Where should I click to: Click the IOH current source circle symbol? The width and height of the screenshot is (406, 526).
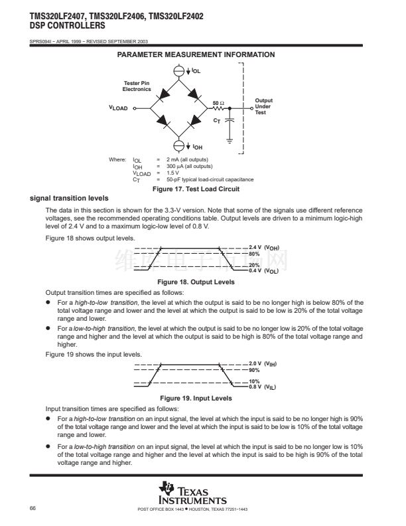click(x=178, y=146)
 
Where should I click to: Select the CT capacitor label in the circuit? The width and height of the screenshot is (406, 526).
click(x=217, y=120)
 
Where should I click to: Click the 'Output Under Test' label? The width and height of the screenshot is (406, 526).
click(x=263, y=106)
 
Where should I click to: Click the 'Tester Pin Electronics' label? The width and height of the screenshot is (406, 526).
click(x=137, y=86)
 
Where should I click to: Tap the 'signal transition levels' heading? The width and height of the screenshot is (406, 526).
click(x=69, y=199)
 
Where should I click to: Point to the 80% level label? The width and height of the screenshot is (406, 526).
click(x=253, y=254)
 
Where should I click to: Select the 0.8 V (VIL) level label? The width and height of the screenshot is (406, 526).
click(x=262, y=387)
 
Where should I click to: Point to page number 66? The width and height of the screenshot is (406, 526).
click(x=33, y=508)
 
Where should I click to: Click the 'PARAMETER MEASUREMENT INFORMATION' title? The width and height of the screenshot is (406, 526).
click(x=196, y=54)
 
